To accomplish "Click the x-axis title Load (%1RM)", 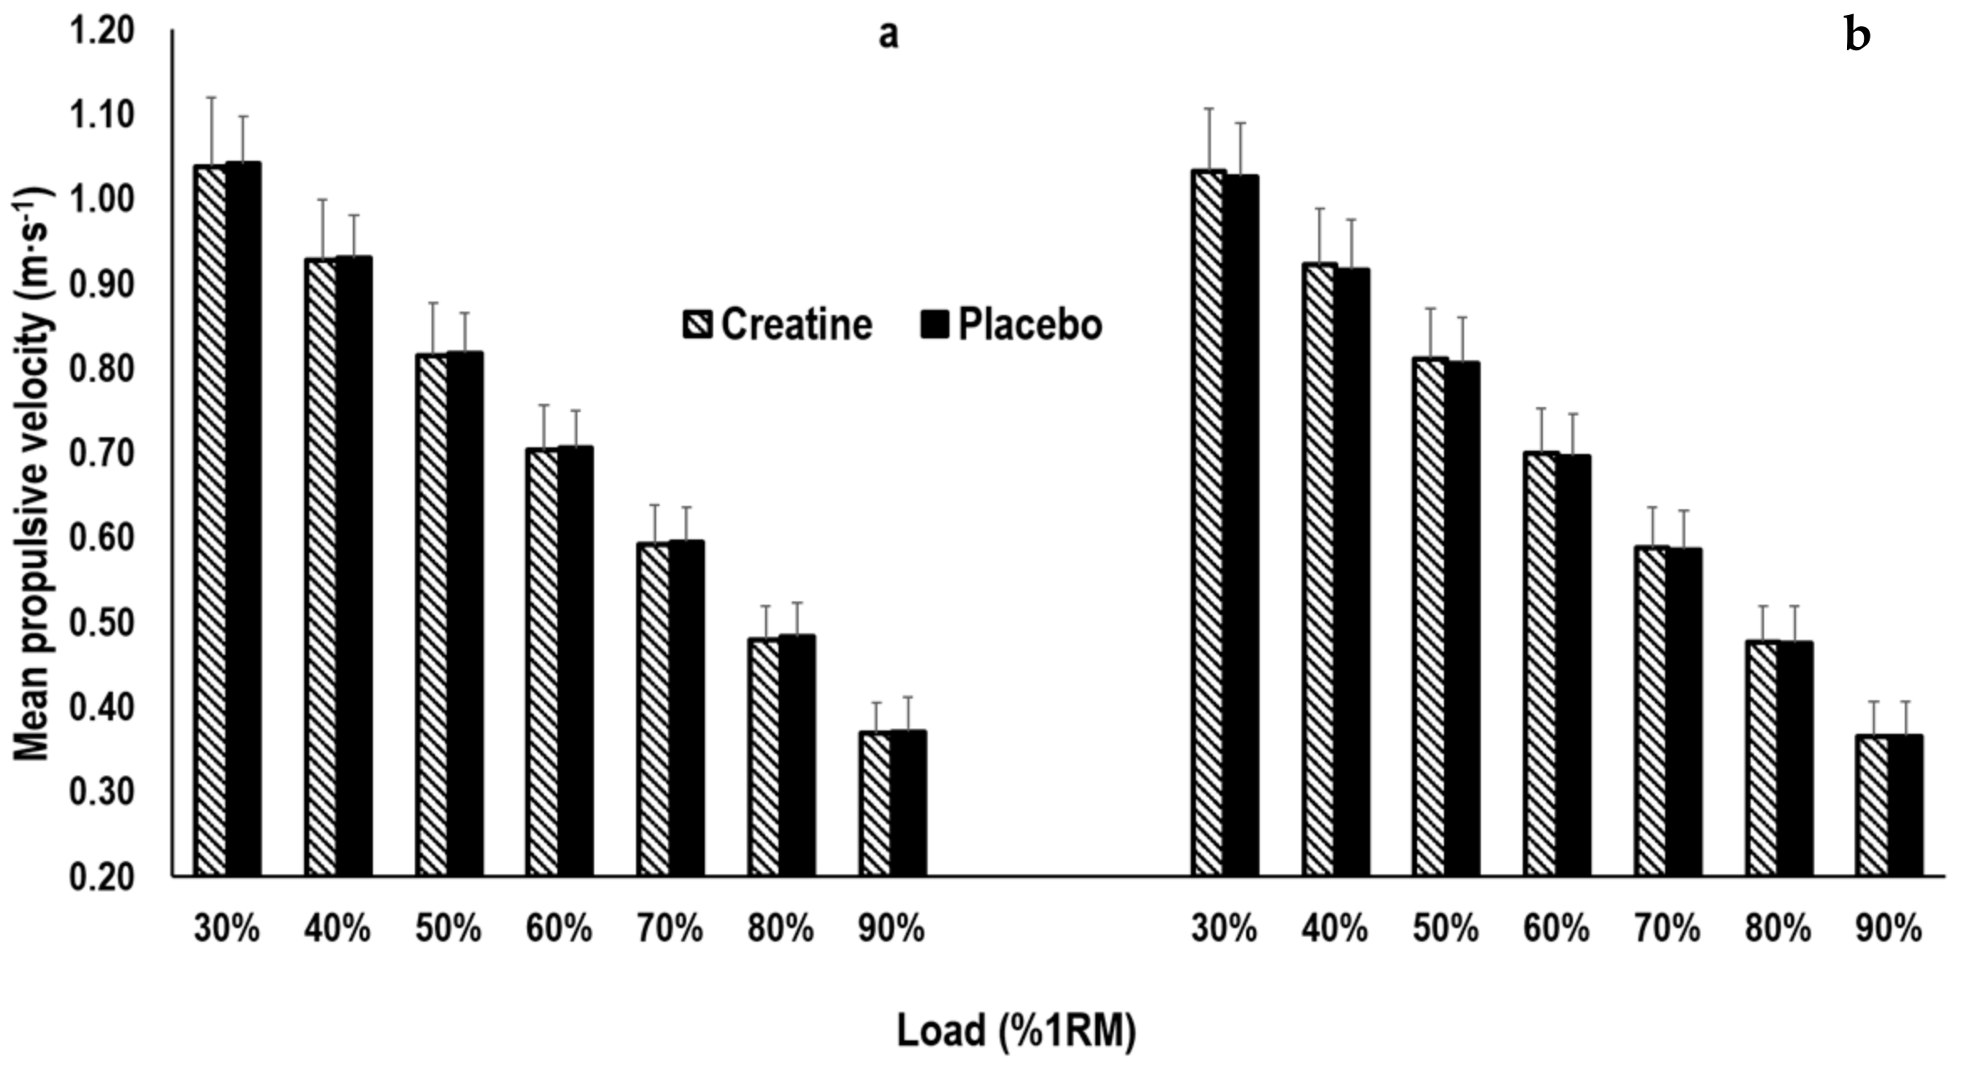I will coord(1016,1030).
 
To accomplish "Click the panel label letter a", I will coord(888,35).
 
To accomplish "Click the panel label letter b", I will coord(1857,35).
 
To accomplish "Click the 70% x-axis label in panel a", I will coord(670,930).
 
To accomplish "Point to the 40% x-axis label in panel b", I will coord(1334,930).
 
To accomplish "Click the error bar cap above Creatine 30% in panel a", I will coord(211,98).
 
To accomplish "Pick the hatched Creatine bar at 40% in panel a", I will coord(321,566).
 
